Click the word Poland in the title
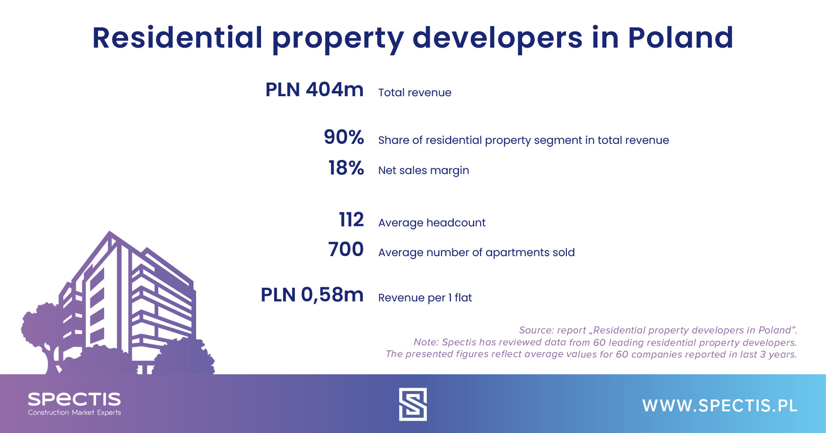coord(680,37)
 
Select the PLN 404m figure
coord(314,90)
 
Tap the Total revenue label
coord(415,92)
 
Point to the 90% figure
coord(344,137)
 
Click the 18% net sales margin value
coord(346,168)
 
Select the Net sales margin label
coord(424,170)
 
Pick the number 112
coord(352,220)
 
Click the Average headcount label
coord(432,223)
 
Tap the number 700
coord(346,250)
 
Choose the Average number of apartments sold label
coord(476,252)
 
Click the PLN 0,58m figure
coord(312,295)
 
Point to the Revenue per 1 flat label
coord(425,298)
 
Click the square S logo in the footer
coord(413,404)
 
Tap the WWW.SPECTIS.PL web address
coord(720,406)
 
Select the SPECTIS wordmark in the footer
coord(74,399)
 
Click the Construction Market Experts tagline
coord(74,413)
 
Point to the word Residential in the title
coord(177,37)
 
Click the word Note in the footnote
coord(425,342)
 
